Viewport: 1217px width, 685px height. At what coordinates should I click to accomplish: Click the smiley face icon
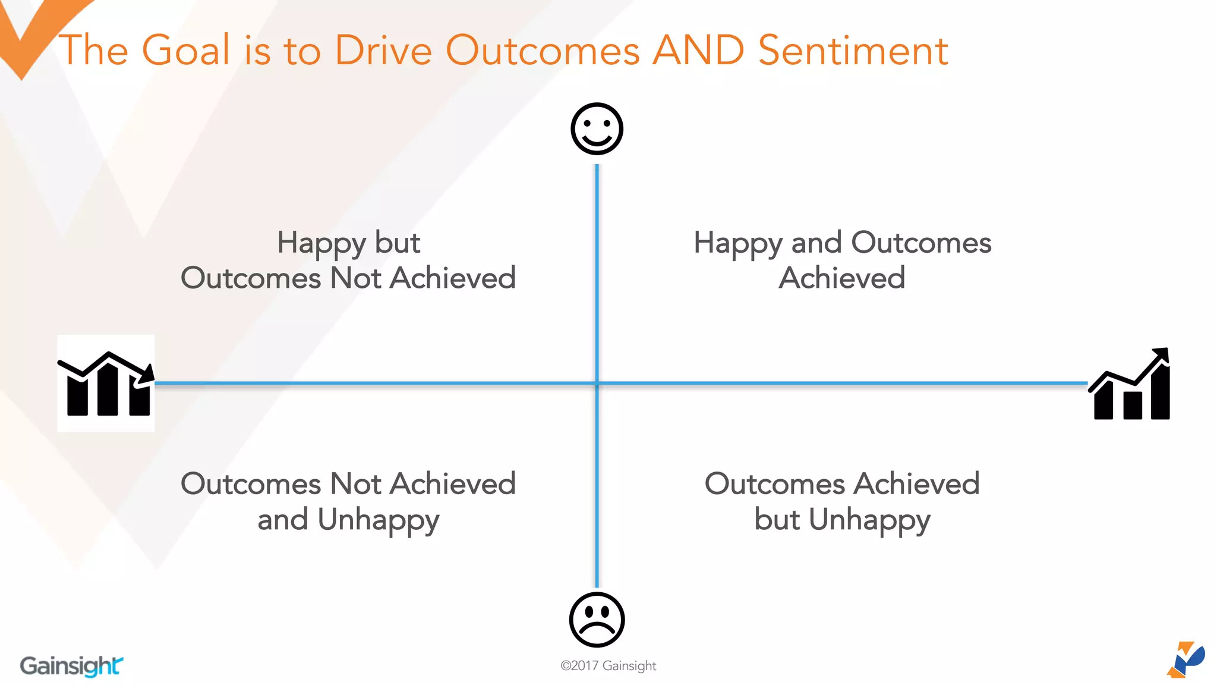point(597,129)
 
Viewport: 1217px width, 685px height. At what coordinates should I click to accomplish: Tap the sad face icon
point(597,620)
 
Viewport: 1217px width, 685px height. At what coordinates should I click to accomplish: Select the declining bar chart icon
point(106,384)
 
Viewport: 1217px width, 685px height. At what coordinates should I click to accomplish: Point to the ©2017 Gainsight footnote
point(608,666)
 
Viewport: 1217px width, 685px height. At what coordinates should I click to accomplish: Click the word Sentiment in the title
point(853,50)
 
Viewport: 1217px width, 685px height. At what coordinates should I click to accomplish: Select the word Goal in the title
point(186,50)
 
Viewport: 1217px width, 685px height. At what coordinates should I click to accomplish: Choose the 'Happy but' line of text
point(349,243)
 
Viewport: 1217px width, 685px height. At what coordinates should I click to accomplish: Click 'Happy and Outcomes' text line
point(842,243)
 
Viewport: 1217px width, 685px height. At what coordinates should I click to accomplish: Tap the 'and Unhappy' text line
point(349,520)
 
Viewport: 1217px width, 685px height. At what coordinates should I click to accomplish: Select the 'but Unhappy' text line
point(842,520)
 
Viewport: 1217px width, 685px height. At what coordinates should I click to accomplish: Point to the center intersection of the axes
point(597,384)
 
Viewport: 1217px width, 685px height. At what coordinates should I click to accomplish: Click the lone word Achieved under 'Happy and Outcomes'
point(842,278)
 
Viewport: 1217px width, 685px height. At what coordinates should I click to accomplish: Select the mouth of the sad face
point(597,630)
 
